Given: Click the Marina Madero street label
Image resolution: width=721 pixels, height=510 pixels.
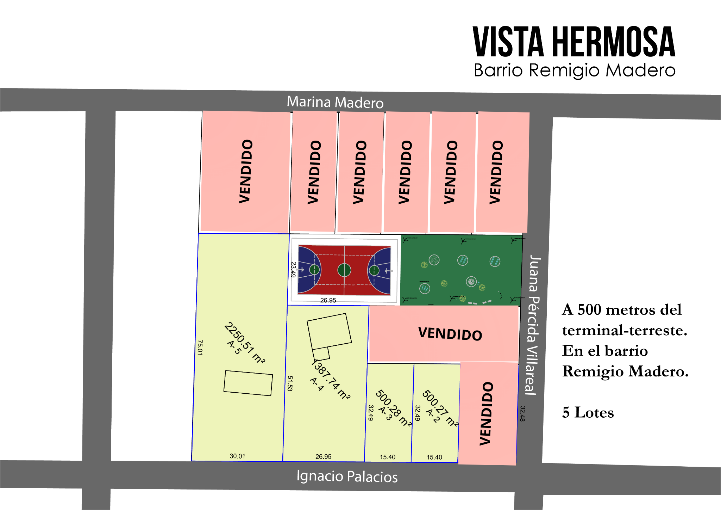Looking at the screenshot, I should click(335, 102).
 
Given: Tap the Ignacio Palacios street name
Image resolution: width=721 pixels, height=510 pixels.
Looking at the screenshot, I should click(347, 476).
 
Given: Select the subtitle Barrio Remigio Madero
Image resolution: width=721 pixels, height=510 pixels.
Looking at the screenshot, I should click(574, 70).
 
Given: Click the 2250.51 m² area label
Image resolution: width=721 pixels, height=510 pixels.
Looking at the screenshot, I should click(244, 343).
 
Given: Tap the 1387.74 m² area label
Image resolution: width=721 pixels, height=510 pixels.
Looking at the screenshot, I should click(330, 379).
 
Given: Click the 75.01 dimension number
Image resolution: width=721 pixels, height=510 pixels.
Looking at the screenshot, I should click(200, 347).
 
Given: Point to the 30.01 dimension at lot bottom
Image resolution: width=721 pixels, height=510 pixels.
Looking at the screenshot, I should click(237, 456).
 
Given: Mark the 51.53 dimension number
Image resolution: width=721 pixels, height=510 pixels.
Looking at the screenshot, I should click(290, 383).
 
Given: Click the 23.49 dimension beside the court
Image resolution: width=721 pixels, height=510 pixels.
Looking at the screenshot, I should click(293, 269).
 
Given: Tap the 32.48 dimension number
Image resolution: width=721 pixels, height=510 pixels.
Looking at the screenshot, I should click(522, 413).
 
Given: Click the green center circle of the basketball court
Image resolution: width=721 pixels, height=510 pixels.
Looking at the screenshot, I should click(344, 270).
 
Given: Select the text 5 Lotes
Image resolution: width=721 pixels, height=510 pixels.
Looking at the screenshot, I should click(588, 412).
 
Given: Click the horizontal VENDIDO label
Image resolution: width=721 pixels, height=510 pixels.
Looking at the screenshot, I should click(450, 334).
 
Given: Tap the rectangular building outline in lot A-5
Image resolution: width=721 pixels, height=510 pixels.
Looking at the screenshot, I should click(248, 383).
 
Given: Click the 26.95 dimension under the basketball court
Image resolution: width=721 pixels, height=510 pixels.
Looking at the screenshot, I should click(328, 300).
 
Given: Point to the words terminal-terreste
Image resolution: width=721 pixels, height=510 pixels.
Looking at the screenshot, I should click(624, 331).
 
